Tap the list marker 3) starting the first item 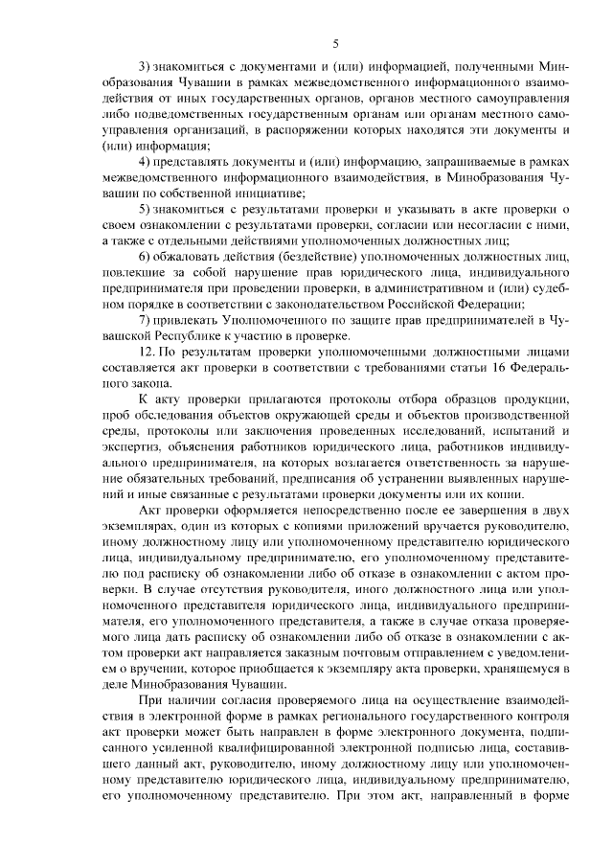click(x=146, y=66)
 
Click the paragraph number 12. click(x=148, y=353)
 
